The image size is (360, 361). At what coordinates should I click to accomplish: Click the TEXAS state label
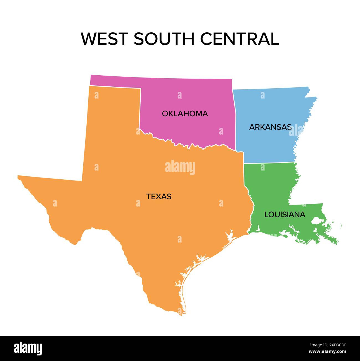(x=159, y=197)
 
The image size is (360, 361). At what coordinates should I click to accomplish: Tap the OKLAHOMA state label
(x=185, y=114)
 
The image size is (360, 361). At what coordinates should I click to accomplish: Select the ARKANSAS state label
(x=270, y=127)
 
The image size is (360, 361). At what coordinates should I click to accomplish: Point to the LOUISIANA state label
(x=285, y=215)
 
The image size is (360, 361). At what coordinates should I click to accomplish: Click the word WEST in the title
(x=104, y=39)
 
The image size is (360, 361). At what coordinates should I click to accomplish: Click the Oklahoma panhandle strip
(x=115, y=80)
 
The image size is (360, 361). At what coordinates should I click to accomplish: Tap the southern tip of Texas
(x=181, y=314)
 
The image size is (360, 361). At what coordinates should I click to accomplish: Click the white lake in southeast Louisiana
(x=316, y=221)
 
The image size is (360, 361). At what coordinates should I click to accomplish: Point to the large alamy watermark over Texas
(x=180, y=167)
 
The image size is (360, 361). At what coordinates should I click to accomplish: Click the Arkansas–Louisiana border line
(x=269, y=163)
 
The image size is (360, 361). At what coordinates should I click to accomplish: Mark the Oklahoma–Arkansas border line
(x=235, y=119)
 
